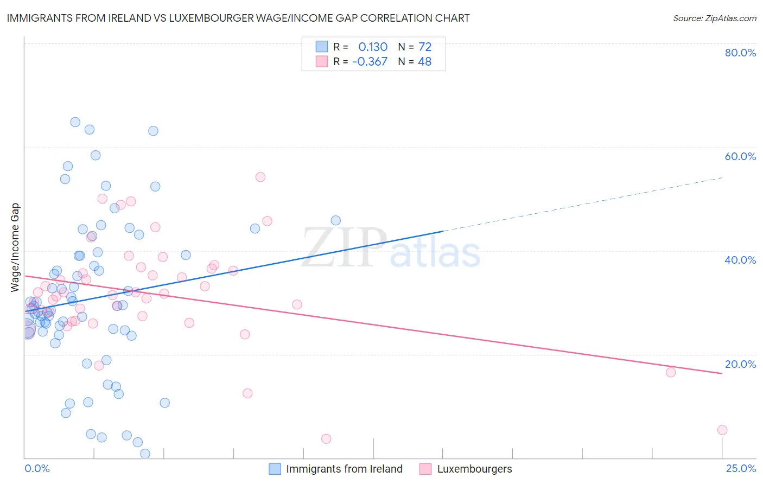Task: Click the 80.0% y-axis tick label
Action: tap(740, 53)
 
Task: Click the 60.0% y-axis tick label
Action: tap(740, 156)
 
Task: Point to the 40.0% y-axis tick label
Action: tap(740, 260)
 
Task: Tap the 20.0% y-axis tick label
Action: tap(740, 364)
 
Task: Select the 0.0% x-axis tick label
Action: tap(37, 468)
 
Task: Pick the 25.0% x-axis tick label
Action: tap(741, 468)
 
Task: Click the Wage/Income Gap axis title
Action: tap(15, 247)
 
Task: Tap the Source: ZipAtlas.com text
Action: tap(714, 18)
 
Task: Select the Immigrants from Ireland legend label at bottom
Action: tap(344, 469)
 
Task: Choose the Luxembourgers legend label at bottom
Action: tap(474, 469)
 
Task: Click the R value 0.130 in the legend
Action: tap(373, 47)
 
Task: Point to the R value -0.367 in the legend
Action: tap(370, 61)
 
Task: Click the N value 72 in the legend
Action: tap(425, 47)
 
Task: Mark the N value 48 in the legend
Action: tap(425, 61)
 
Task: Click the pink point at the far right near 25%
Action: tap(722, 430)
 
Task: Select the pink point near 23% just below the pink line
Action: tap(671, 372)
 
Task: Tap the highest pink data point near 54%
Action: tap(260, 177)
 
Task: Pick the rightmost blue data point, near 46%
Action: tap(336, 220)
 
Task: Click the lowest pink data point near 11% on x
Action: tap(326, 438)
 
